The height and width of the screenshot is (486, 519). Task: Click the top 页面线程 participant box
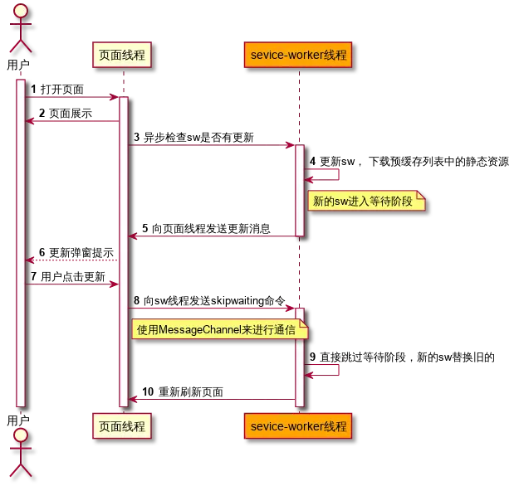coord(122,55)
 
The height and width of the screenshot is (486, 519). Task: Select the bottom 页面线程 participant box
coord(122,427)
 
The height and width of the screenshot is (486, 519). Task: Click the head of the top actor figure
coord(21,10)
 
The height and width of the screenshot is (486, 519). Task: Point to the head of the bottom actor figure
coord(21,435)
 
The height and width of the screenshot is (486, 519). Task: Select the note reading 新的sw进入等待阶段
coord(365,202)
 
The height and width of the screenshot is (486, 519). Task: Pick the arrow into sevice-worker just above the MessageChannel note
coord(211,309)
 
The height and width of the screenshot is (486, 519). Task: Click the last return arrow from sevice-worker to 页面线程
coord(211,400)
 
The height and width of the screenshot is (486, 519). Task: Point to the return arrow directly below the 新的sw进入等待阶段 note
coord(211,236)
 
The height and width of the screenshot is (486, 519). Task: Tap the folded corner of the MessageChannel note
coord(304,325)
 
